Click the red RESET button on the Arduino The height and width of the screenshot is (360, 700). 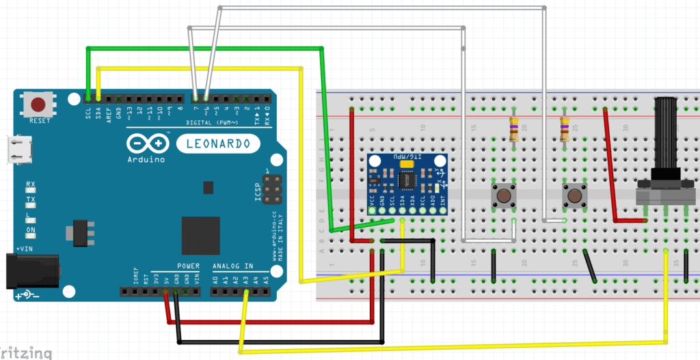(x=38, y=105)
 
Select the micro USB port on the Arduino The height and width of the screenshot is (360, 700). (x=16, y=150)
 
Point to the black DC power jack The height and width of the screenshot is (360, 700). (x=30, y=270)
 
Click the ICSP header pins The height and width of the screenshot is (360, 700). (x=271, y=187)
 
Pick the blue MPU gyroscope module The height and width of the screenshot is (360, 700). (x=406, y=183)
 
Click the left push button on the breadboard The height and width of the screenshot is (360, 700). (x=504, y=197)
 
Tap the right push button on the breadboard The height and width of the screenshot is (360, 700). (x=573, y=197)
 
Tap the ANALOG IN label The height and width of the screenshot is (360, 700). (x=232, y=266)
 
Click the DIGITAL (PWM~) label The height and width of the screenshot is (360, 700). (x=212, y=122)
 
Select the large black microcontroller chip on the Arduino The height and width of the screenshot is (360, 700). (x=200, y=235)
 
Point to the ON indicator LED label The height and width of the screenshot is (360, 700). (x=31, y=230)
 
